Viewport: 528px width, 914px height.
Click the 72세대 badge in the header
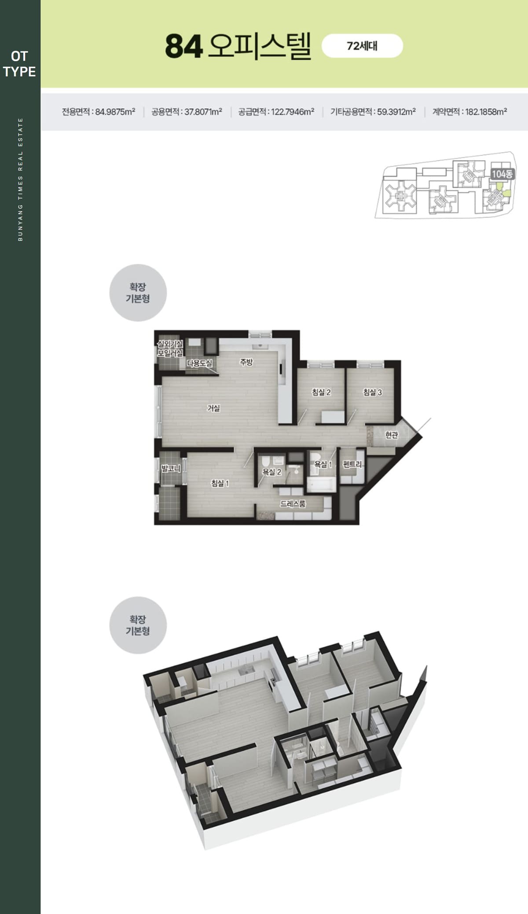coord(362,46)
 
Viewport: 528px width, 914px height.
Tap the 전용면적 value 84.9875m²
coord(115,112)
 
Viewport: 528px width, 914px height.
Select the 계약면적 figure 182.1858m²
coord(486,112)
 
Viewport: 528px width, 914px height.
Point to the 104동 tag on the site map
coord(502,174)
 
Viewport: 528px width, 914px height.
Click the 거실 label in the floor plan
coord(214,408)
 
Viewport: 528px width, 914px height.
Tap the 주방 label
coord(246,362)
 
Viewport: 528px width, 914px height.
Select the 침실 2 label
coord(321,392)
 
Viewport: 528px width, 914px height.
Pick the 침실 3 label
coord(372,392)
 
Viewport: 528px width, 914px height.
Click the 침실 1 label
coord(220,483)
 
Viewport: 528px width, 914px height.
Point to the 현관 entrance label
coord(392,435)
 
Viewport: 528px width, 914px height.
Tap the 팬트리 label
coord(352,464)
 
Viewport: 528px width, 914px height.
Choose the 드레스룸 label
coord(293,504)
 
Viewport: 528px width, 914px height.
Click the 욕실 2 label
coord(271,472)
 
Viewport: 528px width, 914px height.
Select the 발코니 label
coord(171,468)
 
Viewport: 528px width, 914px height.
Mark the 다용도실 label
coord(200,363)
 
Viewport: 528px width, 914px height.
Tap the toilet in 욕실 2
coord(265,462)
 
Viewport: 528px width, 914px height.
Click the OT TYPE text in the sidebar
coord(19,64)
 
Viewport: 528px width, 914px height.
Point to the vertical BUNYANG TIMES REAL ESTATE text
coord(20,179)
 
